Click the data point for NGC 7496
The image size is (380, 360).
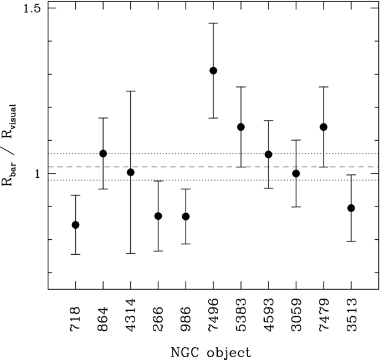213,71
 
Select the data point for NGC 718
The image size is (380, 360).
75,225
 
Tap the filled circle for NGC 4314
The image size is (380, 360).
131,172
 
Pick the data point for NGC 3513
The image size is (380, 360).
351,208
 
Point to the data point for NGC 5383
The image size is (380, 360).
241,127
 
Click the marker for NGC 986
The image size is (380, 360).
186,217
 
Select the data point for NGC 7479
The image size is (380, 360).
323,127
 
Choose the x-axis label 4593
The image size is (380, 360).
268,315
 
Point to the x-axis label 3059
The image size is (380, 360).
296,315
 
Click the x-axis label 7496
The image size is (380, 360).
213,315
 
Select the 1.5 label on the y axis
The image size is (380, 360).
32,8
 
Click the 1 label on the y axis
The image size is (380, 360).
38,174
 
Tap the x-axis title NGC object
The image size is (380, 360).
211,352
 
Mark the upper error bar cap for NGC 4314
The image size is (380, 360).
131,91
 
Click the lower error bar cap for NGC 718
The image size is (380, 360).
75,254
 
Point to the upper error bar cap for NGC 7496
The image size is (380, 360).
213,23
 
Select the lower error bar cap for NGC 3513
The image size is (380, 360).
351,241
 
